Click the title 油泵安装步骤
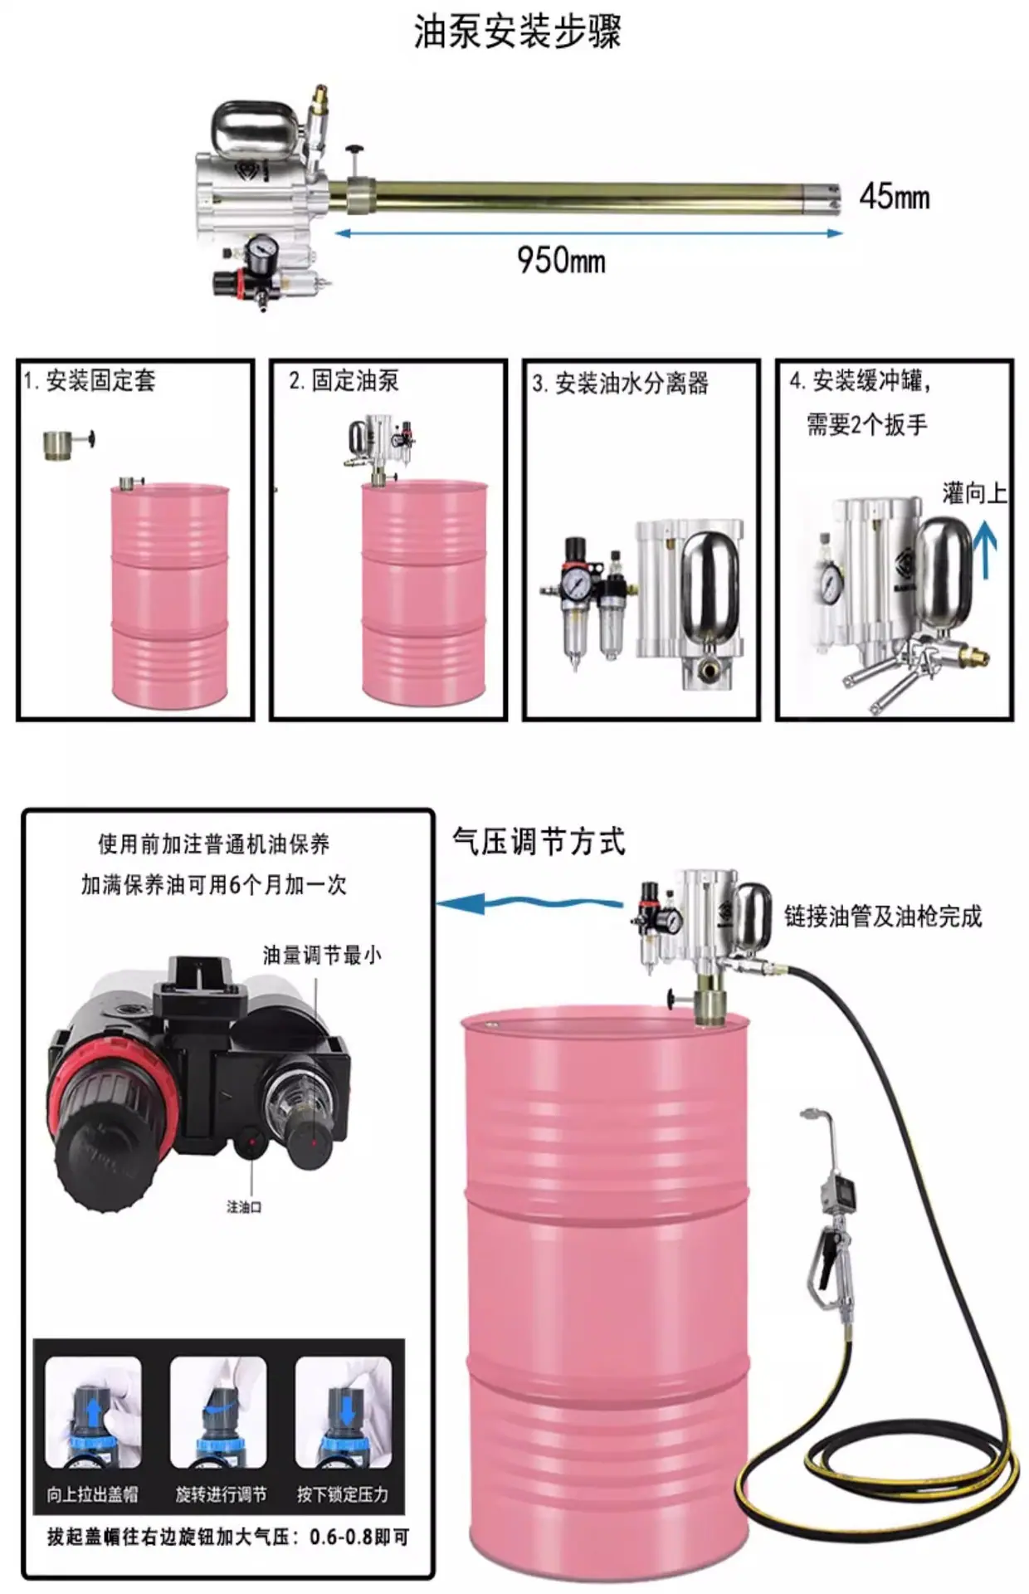point(517,32)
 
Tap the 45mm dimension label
point(895,197)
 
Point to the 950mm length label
point(561,260)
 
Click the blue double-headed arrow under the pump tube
point(588,233)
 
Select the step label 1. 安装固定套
point(89,381)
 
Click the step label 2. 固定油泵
point(344,380)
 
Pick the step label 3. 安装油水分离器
point(621,383)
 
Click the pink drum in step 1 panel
point(170,595)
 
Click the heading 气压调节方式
point(539,841)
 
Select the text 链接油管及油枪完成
point(883,916)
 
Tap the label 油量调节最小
point(322,955)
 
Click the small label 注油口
point(244,1206)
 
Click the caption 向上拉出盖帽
point(92,1494)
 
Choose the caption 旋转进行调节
point(221,1494)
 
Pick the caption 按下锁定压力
point(343,1494)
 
